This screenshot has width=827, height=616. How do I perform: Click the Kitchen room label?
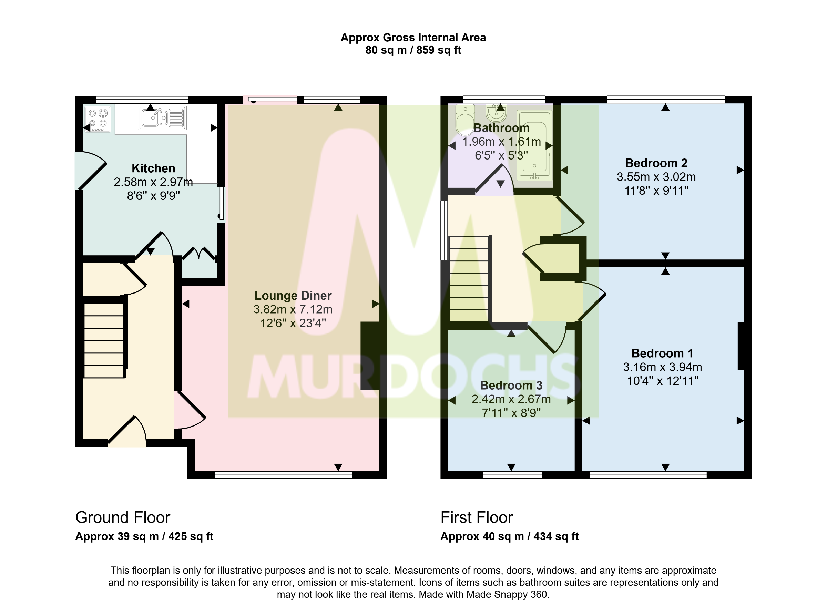153,168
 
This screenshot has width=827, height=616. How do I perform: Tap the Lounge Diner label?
293,296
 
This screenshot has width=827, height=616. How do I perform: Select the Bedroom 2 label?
656,163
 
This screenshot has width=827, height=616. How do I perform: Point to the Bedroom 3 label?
511,385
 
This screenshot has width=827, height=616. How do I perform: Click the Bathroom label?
501,128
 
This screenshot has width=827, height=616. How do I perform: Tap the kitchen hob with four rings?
98,119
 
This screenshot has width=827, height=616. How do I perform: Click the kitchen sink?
162,118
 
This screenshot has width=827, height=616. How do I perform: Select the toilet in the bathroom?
465,120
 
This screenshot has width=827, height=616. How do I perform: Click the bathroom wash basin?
496,113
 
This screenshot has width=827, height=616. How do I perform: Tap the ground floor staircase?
104,340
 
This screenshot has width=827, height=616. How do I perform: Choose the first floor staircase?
469,279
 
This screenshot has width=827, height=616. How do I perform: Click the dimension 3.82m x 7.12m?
293,309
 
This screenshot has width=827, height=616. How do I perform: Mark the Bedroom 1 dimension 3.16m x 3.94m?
663,367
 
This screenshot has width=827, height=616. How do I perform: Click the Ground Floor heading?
123,517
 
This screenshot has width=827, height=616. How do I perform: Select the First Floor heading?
477,517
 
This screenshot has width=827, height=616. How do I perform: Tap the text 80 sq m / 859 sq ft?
413,50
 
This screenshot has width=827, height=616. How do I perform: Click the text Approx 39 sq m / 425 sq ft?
144,536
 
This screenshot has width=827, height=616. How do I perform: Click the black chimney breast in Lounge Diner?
370,356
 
